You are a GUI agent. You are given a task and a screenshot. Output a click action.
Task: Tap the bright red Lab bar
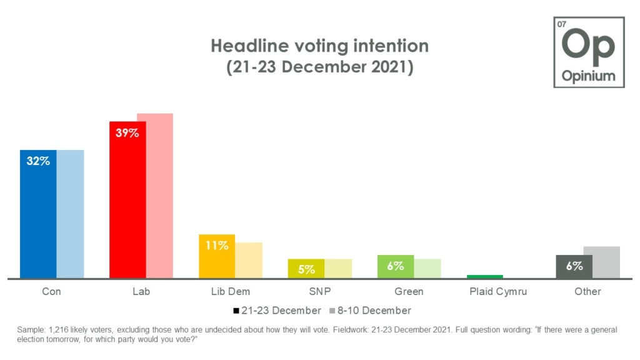click(x=127, y=206)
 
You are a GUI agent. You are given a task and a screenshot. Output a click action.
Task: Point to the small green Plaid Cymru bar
click(x=485, y=276)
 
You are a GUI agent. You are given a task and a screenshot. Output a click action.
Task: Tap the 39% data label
click(x=127, y=132)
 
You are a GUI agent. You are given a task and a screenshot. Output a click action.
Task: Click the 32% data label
click(x=37, y=161)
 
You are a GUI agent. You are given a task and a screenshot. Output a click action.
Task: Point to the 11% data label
click(x=217, y=246)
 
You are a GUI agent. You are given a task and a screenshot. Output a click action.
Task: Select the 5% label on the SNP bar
click(x=306, y=269)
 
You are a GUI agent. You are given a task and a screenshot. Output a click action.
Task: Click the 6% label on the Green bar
click(x=395, y=266)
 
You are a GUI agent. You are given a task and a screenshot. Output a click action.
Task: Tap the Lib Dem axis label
click(x=231, y=292)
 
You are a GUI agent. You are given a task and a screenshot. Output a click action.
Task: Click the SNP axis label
click(x=319, y=292)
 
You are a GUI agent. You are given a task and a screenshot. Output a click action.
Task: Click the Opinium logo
click(x=588, y=52)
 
